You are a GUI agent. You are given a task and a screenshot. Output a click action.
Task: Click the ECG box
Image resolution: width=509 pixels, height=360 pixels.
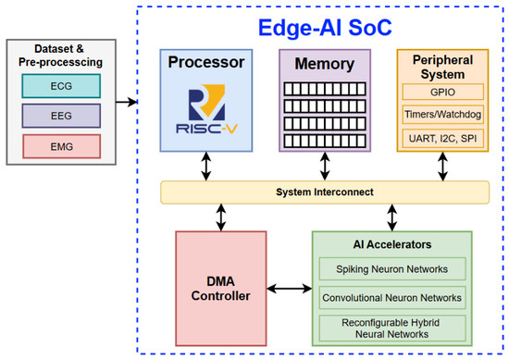click(61, 86)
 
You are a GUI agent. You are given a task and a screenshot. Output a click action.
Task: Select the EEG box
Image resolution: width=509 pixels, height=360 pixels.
click(61, 116)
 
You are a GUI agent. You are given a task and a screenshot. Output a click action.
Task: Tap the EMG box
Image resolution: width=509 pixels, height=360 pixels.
click(62, 146)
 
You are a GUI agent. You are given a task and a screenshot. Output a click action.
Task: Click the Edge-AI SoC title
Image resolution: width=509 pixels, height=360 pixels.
click(325, 28)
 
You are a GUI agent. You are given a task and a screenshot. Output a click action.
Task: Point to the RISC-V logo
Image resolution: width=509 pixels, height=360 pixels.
click(206, 109)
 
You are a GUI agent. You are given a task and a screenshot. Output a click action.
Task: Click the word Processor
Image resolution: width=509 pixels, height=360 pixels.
click(206, 62)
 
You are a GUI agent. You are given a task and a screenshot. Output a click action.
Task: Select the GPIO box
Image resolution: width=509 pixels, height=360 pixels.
click(442, 92)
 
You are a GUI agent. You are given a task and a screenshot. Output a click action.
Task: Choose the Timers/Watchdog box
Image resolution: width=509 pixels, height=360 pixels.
click(442, 114)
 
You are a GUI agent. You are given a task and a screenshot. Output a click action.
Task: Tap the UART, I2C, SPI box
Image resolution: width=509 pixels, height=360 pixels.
click(442, 139)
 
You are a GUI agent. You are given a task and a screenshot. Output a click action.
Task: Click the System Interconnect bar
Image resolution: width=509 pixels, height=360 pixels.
click(325, 192)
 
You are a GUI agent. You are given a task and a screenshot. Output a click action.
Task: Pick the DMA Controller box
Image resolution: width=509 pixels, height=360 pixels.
click(221, 289)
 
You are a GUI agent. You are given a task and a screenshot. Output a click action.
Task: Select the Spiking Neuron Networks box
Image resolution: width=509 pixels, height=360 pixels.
click(392, 269)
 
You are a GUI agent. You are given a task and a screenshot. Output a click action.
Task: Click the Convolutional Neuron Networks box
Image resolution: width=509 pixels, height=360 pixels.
click(392, 298)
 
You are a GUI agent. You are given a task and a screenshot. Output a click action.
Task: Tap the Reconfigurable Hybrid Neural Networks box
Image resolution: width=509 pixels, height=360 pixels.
click(392, 329)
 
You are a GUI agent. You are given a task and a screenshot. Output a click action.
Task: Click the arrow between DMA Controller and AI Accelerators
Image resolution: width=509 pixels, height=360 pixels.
click(290, 288)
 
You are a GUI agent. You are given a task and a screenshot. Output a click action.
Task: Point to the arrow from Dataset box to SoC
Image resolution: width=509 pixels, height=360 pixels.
click(127, 102)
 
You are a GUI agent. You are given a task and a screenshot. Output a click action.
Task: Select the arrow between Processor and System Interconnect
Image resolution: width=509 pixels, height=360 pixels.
click(206, 167)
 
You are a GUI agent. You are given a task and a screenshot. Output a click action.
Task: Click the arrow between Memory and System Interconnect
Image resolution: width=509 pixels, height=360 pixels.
click(325, 167)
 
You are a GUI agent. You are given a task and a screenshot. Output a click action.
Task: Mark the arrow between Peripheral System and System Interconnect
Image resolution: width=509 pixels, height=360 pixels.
click(442, 167)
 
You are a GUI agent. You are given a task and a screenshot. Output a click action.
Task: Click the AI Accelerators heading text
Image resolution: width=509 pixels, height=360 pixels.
click(392, 244)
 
